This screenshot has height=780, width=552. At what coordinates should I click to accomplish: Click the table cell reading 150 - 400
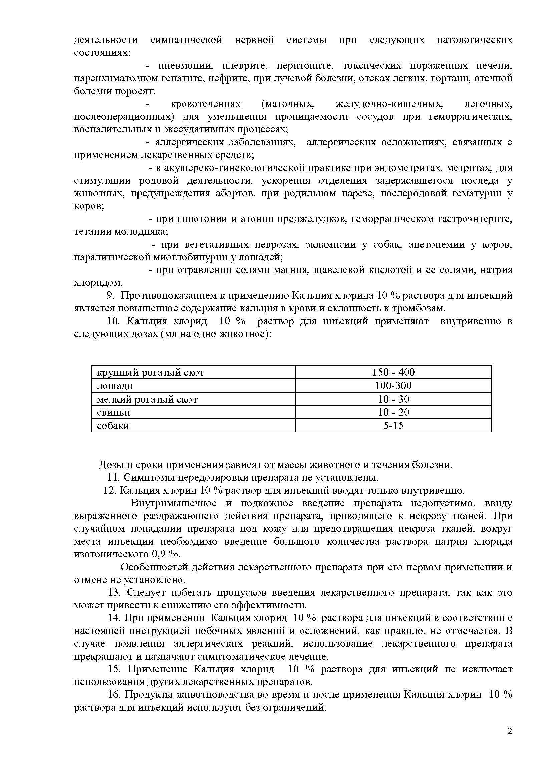[x=393, y=372]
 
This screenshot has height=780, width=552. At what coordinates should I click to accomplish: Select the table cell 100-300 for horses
[x=393, y=385]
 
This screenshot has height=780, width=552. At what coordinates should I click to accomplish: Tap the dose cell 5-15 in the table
[x=393, y=425]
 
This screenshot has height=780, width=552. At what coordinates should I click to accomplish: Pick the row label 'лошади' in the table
[x=115, y=386]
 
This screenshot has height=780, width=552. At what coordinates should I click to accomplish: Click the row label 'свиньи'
[x=113, y=413]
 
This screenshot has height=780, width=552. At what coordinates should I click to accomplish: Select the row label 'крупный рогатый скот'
[x=151, y=373]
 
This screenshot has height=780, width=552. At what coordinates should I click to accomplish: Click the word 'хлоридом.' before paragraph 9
[x=98, y=283]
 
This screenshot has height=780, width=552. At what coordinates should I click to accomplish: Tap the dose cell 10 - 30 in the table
[x=393, y=399]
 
